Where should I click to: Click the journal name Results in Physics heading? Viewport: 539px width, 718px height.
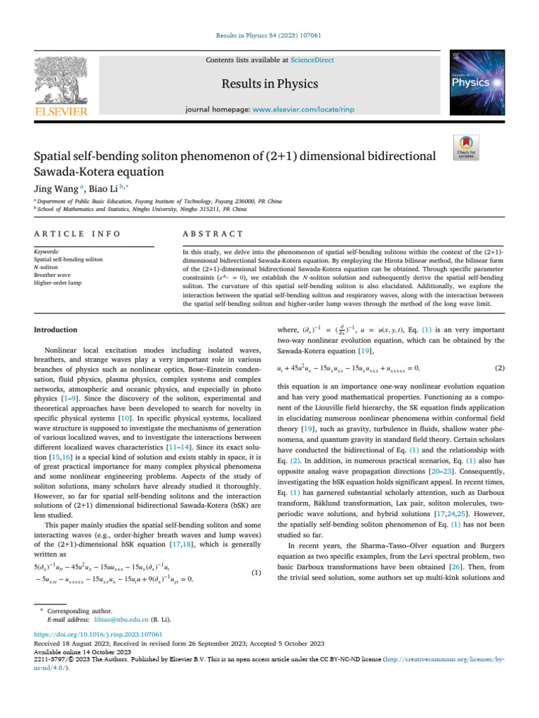click(269, 85)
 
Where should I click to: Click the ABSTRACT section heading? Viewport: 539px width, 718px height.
click(213, 233)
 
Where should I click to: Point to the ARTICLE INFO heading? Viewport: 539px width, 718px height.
click(76, 233)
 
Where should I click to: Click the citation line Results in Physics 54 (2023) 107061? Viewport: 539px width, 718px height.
click(269, 34)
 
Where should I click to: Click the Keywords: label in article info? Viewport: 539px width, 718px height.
click(47, 250)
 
